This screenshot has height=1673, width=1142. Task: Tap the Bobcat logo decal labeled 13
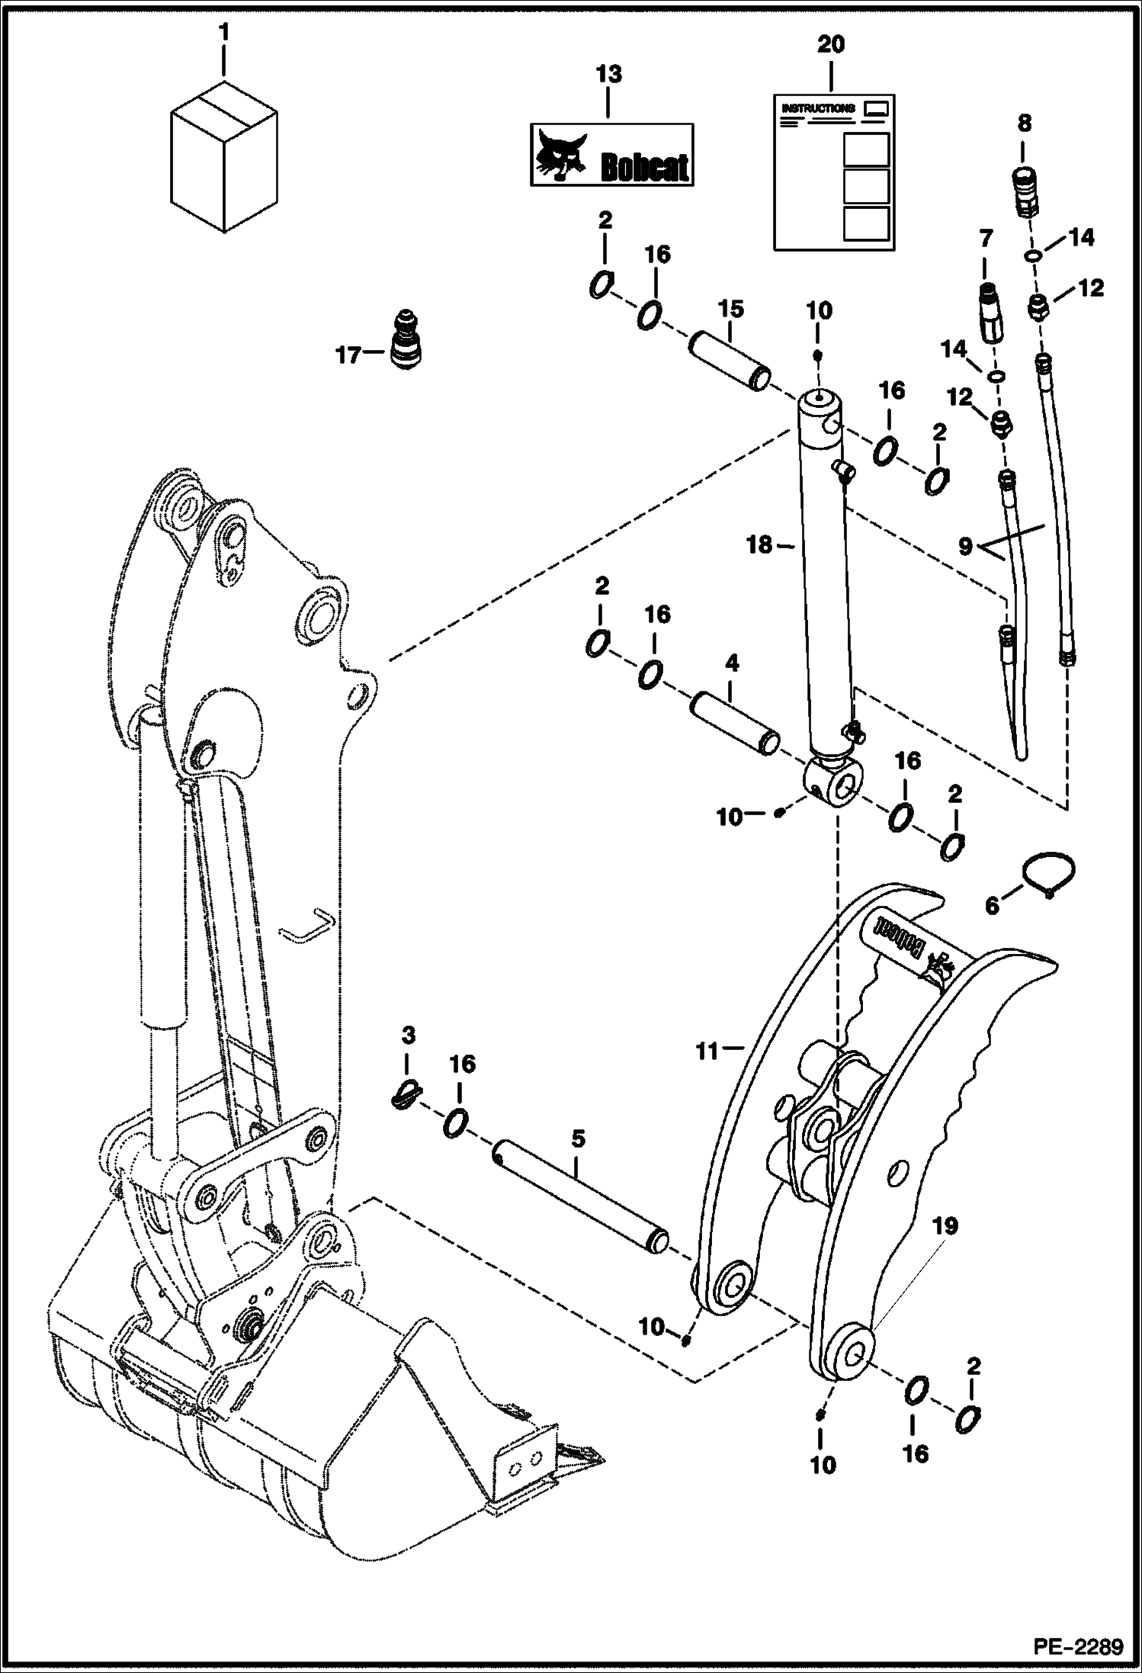pos(611,155)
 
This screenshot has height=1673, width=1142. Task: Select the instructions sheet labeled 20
pos(834,172)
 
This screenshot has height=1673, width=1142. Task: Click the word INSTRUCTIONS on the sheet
pos(818,109)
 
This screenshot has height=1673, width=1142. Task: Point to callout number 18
pos(759,545)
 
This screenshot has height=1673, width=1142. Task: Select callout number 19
pos(945,1227)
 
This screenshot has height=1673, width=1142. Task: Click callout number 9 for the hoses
pos(966,547)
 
